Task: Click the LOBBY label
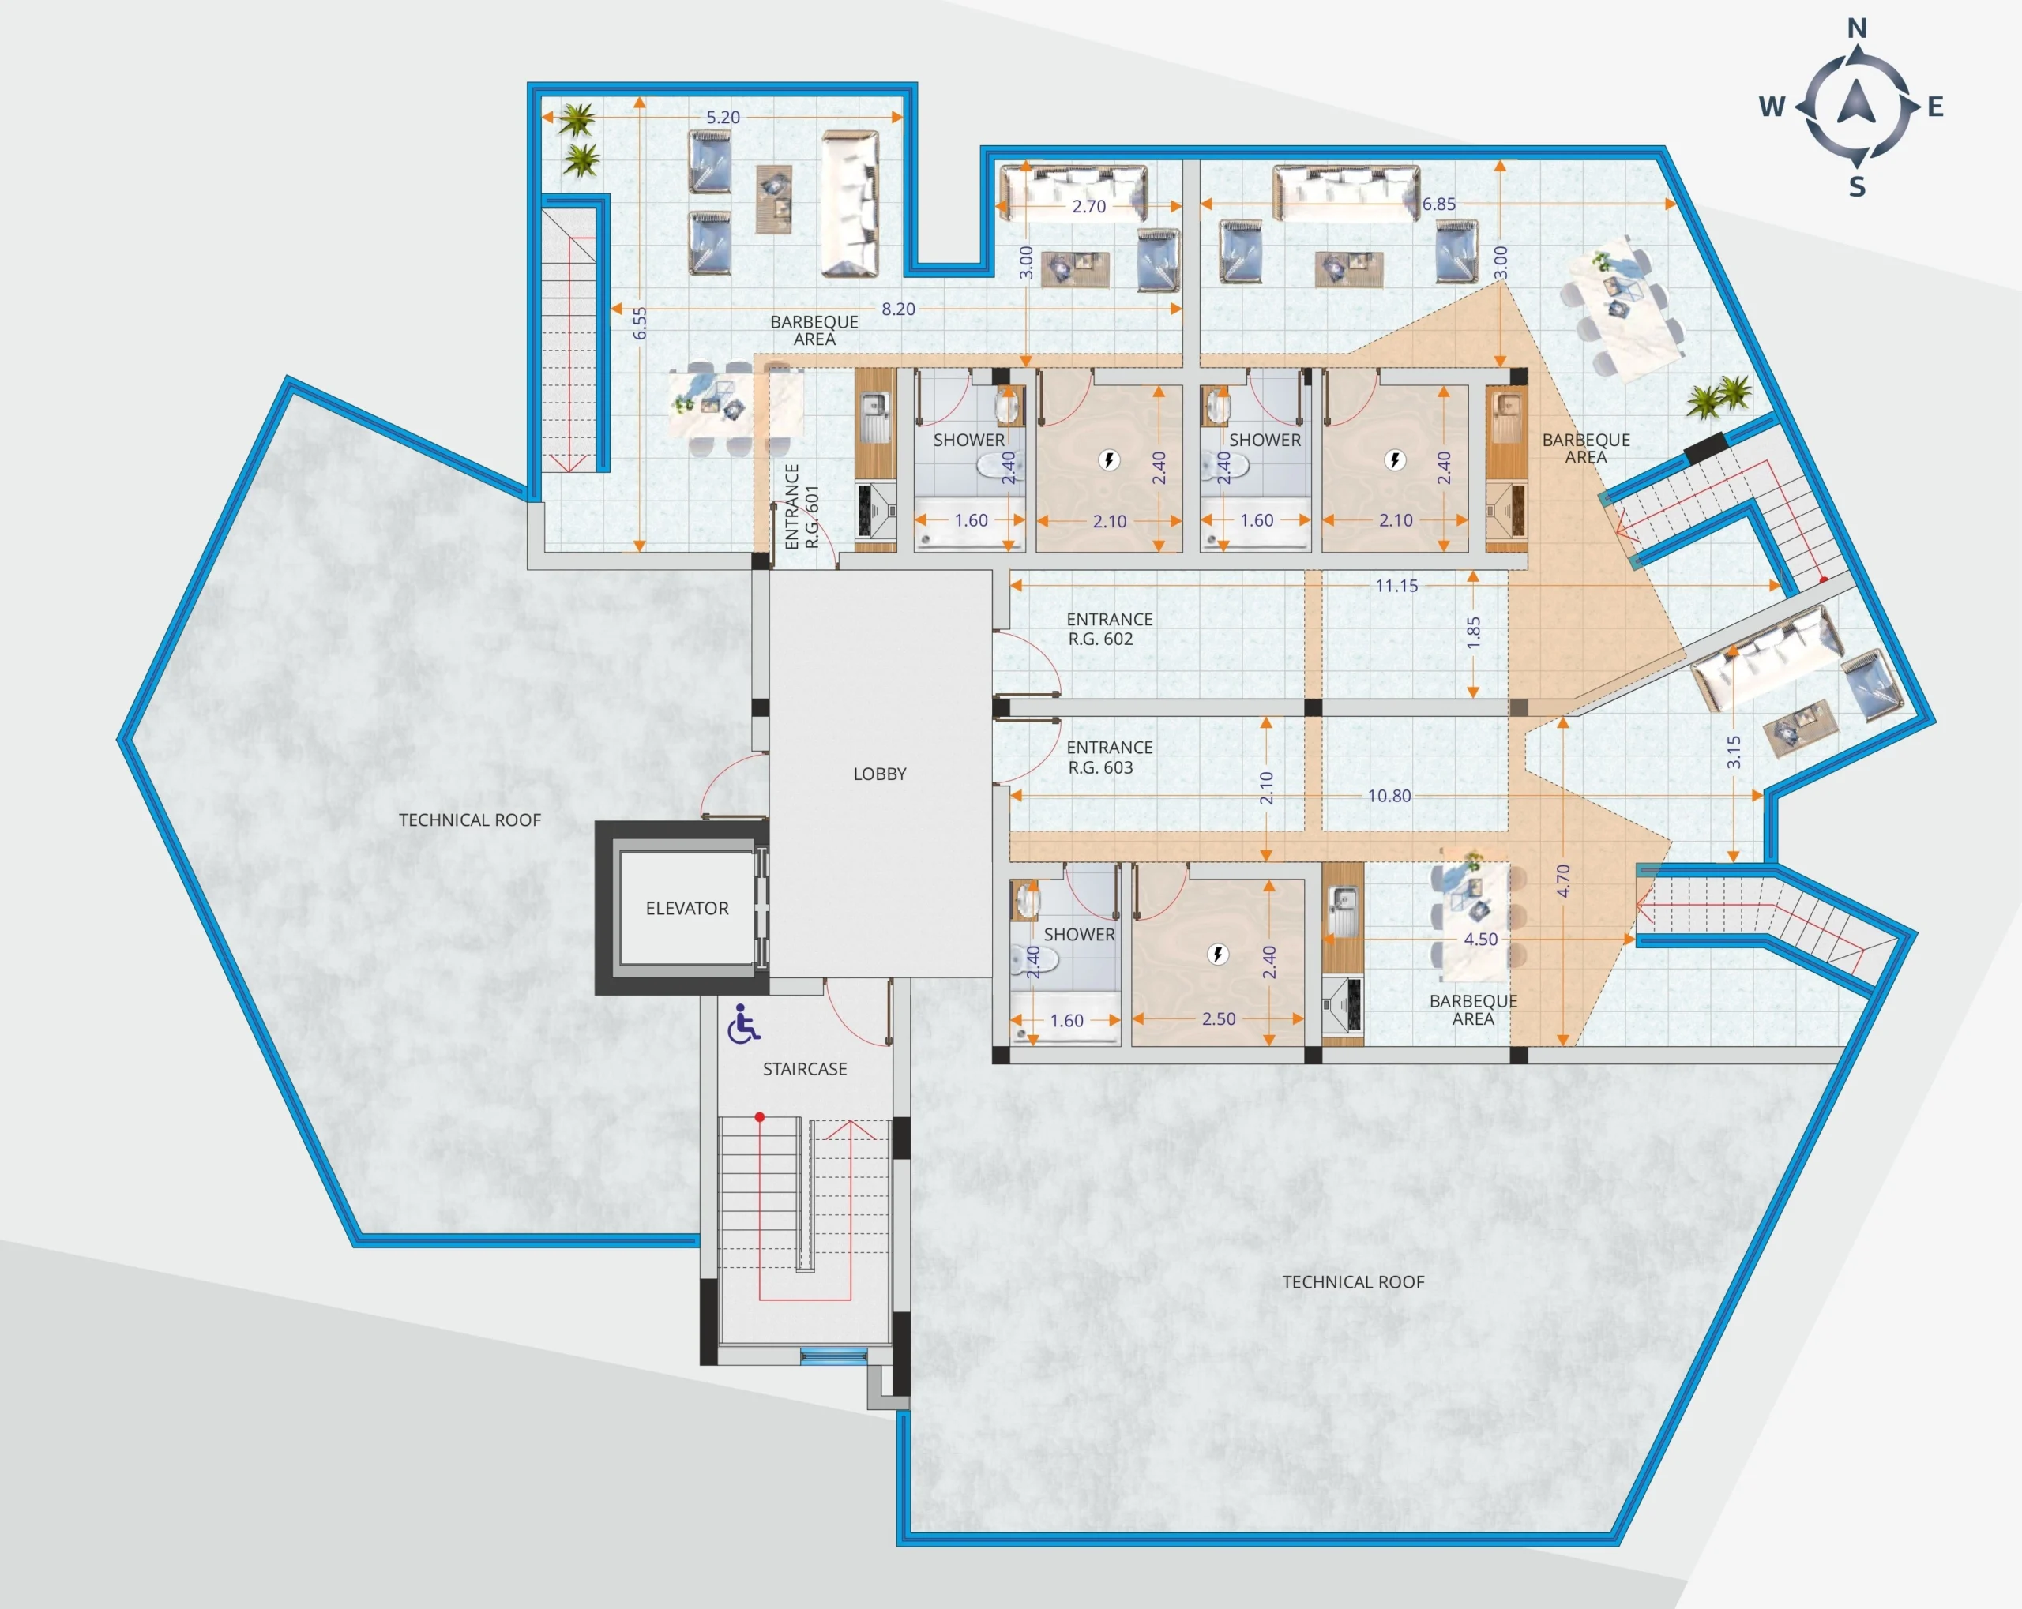pyautogui.click(x=880, y=774)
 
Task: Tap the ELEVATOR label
pyautogui.click(x=686, y=908)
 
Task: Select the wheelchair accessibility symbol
pyautogui.click(x=744, y=1024)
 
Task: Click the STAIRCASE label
pyautogui.click(x=805, y=1069)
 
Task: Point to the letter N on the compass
pyautogui.click(x=1857, y=28)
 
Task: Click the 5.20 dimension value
pyautogui.click(x=723, y=117)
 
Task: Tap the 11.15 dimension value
pyautogui.click(x=1396, y=586)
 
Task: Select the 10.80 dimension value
pyautogui.click(x=1389, y=796)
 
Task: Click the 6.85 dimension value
pyautogui.click(x=1438, y=204)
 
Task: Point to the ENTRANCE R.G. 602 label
pyautogui.click(x=1110, y=629)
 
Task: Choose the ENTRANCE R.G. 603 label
pyautogui.click(x=1110, y=756)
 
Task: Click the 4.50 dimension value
pyautogui.click(x=1481, y=939)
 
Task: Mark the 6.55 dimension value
pyautogui.click(x=640, y=324)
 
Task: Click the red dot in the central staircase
pyautogui.click(x=760, y=1116)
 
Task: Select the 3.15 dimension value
pyautogui.click(x=1734, y=752)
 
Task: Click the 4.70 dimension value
pyautogui.click(x=1562, y=880)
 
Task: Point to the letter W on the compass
pyautogui.click(x=1772, y=106)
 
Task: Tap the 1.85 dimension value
pyautogui.click(x=1473, y=633)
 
